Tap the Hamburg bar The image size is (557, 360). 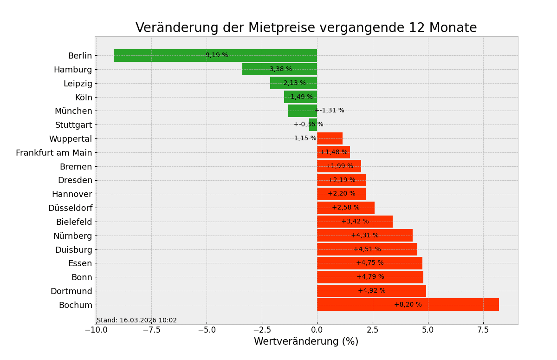[255, 69]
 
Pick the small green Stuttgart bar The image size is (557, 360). [313, 124]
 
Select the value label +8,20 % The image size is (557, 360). [408, 305]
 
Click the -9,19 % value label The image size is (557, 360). [216, 55]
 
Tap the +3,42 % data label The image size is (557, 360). [355, 222]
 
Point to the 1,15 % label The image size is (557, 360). [305, 138]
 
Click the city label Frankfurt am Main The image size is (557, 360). [54, 153]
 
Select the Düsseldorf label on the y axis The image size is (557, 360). [70, 208]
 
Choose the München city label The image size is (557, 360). [73, 111]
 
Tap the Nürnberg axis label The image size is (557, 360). [72, 236]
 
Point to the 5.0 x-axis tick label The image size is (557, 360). [428, 330]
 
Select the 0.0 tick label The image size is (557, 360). [317, 330]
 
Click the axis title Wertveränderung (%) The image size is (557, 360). [306, 342]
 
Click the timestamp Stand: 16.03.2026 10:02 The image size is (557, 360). [136, 321]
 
